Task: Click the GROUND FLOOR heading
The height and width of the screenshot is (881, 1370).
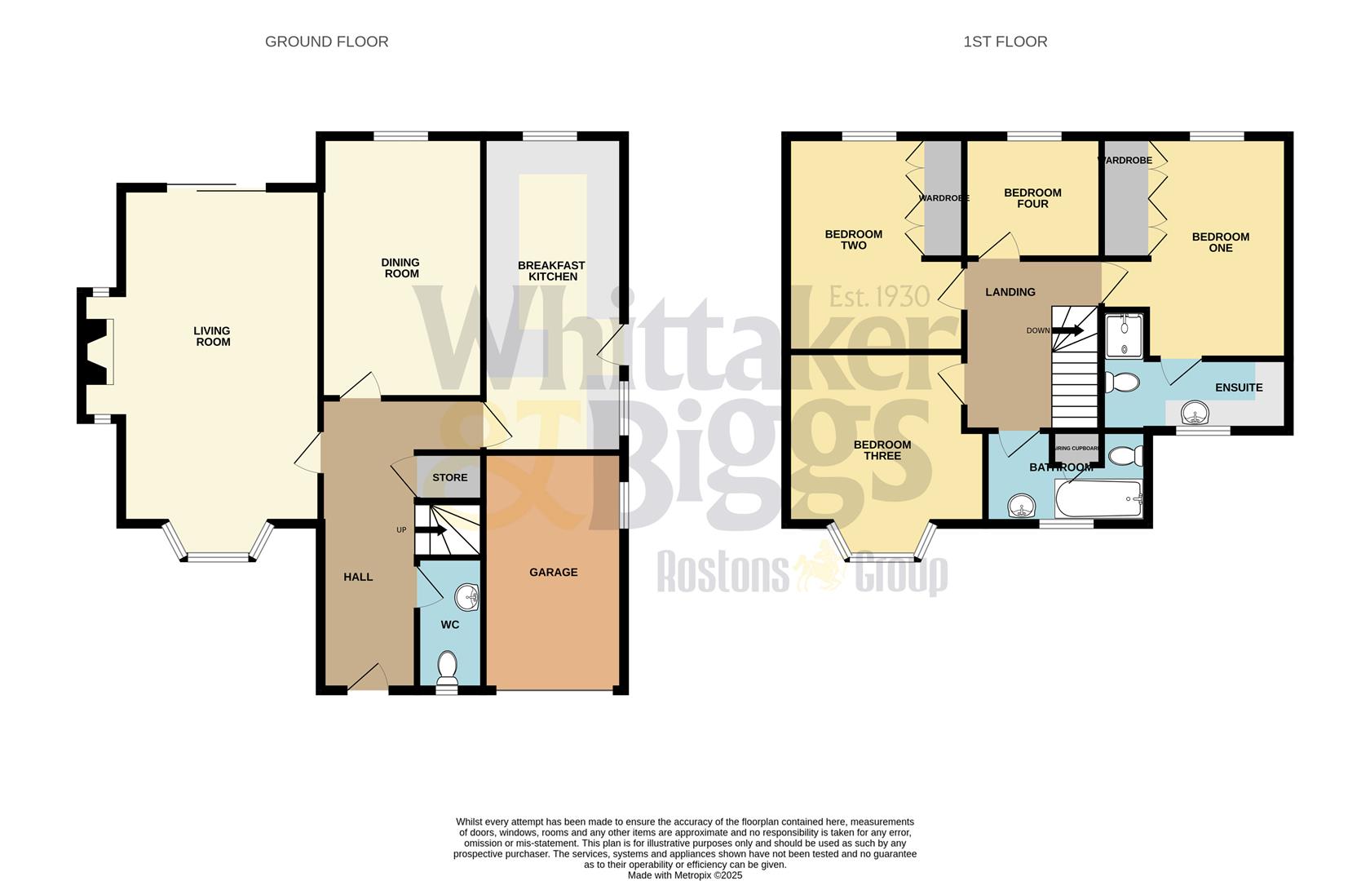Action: (x=326, y=42)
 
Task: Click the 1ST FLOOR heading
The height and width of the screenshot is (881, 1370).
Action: (x=1005, y=42)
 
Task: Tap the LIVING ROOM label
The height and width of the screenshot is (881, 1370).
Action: (x=212, y=336)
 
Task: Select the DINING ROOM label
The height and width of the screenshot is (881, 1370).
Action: (x=400, y=268)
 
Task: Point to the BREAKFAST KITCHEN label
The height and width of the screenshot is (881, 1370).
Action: (x=552, y=271)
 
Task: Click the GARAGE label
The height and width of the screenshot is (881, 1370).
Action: (x=553, y=573)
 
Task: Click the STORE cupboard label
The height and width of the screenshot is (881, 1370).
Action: (x=449, y=477)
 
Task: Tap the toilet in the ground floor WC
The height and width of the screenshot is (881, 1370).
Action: (x=447, y=667)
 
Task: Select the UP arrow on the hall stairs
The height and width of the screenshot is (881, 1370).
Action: (x=431, y=530)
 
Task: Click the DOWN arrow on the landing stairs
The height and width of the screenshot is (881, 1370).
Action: (x=1067, y=330)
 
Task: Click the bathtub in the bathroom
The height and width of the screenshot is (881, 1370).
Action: (x=1098, y=498)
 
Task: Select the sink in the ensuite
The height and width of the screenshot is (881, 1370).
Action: (x=1195, y=414)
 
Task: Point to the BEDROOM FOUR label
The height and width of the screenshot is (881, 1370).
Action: (x=1032, y=198)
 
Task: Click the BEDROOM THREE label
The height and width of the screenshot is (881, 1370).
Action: (x=882, y=450)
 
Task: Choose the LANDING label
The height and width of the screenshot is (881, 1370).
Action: (x=1010, y=292)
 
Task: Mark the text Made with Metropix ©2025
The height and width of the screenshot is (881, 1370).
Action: (x=684, y=874)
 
